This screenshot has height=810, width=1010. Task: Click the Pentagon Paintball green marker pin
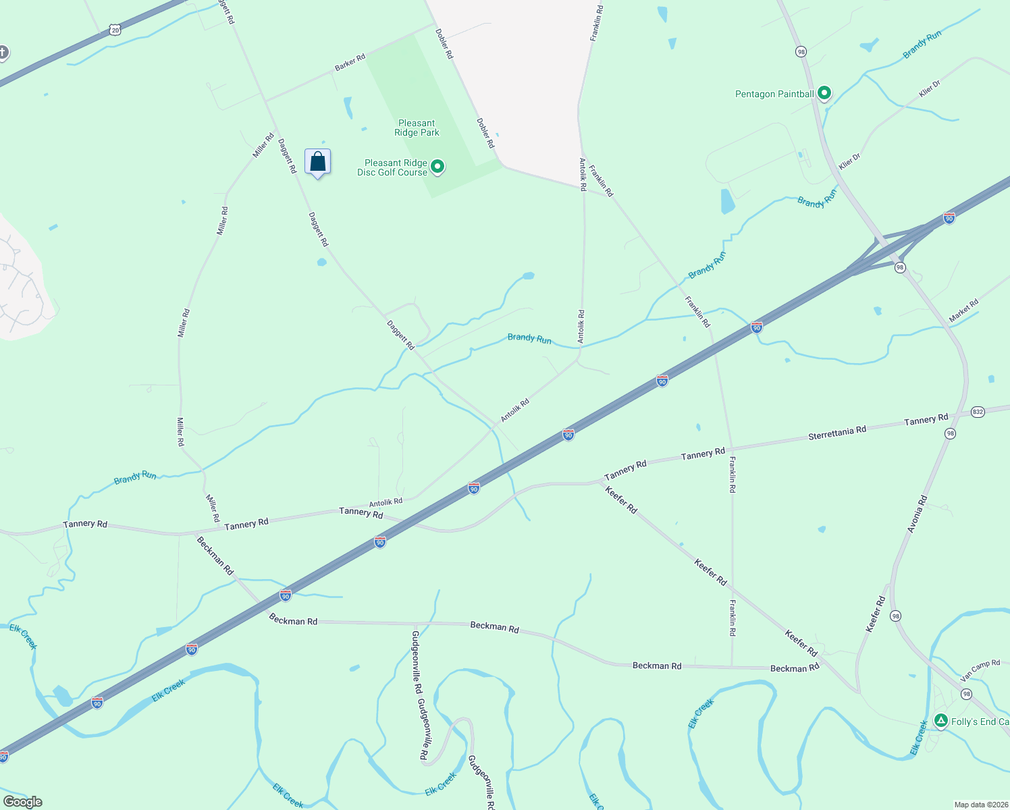coord(824,92)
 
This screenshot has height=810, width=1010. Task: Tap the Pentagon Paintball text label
coord(774,94)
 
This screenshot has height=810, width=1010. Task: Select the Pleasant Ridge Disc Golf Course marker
coord(437,166)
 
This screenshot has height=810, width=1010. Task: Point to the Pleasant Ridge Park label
coord(417,128)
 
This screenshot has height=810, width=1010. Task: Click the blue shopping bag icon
coord(318,162)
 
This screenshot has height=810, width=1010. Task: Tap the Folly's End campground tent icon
coord(940,721)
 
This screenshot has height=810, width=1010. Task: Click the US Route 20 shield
coord(116,30)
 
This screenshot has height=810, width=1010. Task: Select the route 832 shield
coord(978,412)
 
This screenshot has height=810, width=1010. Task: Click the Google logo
coord(22,801)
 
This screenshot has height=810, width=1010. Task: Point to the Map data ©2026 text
coord(980,805)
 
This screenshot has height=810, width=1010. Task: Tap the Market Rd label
coord(963,311)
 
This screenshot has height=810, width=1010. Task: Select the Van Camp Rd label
coord(980,670)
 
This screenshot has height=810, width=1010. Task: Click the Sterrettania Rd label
coord(837,433)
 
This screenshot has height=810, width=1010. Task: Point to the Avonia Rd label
coord(918,514)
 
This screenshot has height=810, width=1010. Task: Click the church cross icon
coord(3,52)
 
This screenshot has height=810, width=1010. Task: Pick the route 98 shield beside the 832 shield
coord(950,433)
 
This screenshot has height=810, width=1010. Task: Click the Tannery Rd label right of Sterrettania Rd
coord(926,420)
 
